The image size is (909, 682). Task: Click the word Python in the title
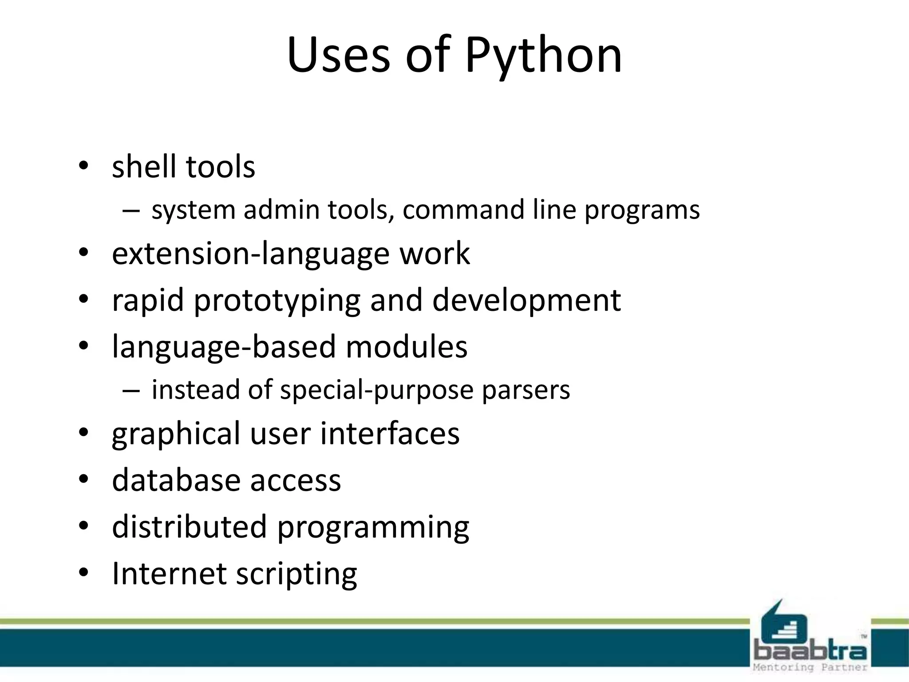coord(543,56)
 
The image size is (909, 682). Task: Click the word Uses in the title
coord(338,56)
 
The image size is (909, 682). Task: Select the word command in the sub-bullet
coord(463,210)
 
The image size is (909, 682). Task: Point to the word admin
coord(281,210)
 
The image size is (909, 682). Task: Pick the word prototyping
coord(277,301)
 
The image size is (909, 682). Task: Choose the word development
coord(526,301)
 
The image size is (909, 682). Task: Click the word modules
coord(407,347)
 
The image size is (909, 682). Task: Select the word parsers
coord(526,390)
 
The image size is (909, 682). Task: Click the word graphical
coord(176,434)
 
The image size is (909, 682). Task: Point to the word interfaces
coord(390,434)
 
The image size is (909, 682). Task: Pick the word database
coord(176,480)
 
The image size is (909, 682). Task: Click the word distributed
coord(190,527)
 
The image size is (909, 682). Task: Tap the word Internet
coord(169,573)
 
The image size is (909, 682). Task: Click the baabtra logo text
coord(810,651)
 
